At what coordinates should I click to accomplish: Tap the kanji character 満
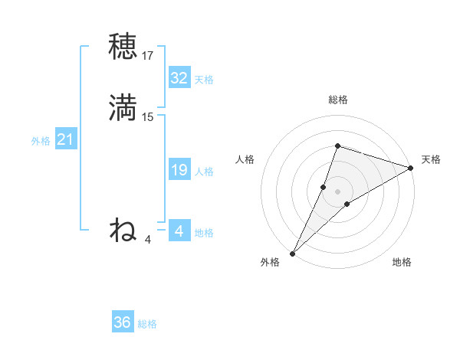click(123, 107)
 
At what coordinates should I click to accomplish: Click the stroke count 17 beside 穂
click(148, 56)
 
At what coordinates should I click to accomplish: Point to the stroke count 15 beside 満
click(148, 117)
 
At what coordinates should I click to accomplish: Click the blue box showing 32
click(179, 78)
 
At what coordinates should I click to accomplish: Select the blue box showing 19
click(179, 170)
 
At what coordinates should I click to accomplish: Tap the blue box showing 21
click(65, 140)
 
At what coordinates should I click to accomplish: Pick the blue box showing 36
click(122, 322)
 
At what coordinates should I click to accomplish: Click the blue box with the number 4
click(179, 231)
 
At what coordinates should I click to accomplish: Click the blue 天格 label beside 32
click(204, 80)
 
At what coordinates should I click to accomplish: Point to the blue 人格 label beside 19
click(204, 172)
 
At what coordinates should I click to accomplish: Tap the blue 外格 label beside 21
click(41, 141)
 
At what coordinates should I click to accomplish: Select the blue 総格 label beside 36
click(147, 324)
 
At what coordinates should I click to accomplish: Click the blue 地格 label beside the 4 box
click(204, 233)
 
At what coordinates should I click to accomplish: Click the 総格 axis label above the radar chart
click(337, 100)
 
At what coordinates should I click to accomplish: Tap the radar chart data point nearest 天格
click(411, 169)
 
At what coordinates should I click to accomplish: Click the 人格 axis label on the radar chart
click(245, 159)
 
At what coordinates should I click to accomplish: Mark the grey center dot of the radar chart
click(337, 191)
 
